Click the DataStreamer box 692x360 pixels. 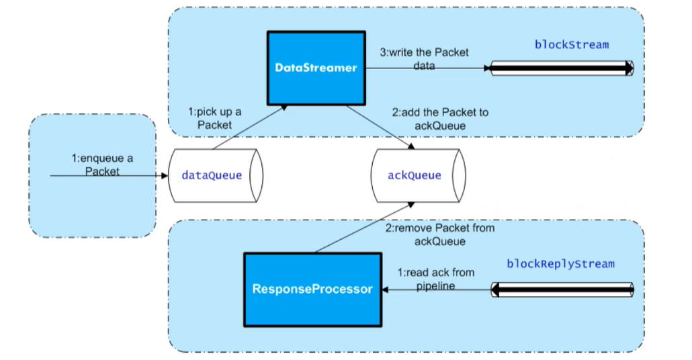click(x=316, y=68)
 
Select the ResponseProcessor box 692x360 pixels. click(x=312, y=290)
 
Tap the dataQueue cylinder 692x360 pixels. click(x=213, y=176)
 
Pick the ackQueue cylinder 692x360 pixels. click(x=417, y=176)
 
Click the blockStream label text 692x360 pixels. click(x=571, y=45)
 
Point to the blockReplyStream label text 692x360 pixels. click(x=560, y=264)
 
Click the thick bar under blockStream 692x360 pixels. click(x=562, y=68)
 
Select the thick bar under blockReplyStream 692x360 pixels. click(x=562, y=290)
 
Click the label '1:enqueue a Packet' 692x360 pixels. click(x=102, y=165)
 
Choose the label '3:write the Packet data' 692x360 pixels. click(x=425, y=59)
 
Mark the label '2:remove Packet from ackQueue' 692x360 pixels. click(x=439, y=234)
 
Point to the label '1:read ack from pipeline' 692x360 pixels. click(x=436, y=278)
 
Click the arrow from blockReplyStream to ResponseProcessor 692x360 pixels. click(x=437, y=290)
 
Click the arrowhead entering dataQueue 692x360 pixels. click(x=163, y=176)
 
